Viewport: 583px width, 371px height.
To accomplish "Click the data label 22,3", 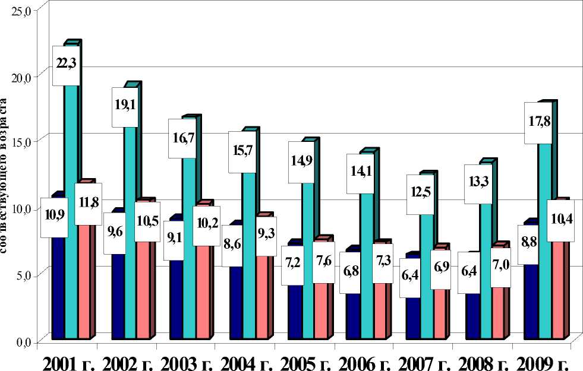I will point(66,63).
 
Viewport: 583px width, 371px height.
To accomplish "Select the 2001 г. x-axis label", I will point(67,362).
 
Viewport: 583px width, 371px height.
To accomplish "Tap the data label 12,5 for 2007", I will point(422,194).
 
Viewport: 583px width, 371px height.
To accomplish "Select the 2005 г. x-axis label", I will point(304,362).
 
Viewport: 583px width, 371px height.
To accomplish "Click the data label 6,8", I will point(351,272).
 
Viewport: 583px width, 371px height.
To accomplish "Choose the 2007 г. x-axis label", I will point(423,362).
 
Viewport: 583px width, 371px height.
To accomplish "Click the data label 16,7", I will point(182,138).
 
